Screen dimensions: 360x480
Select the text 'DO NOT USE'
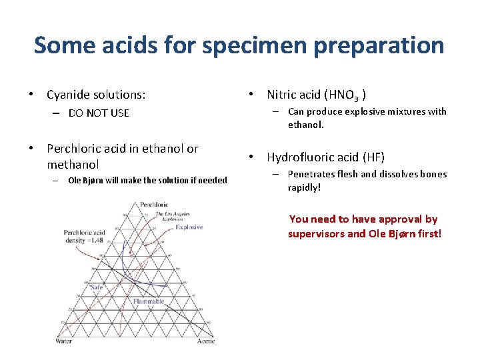pyautogui.click(x=99, y=113)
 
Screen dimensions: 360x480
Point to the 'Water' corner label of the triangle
pyautogui.click(x=63, y=341)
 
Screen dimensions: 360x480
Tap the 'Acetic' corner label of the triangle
pyautogui.click(x=206, y=341)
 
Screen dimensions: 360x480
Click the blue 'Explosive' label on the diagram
pyautogui.click(x=189, y=227)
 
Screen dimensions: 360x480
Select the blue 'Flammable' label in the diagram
pyautogui.click(x=148, y=301)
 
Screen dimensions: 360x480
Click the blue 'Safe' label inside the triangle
pyautogui.click(x=97, y=287)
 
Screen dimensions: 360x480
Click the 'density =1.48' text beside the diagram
pyautogui.click(x=85, y=240)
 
